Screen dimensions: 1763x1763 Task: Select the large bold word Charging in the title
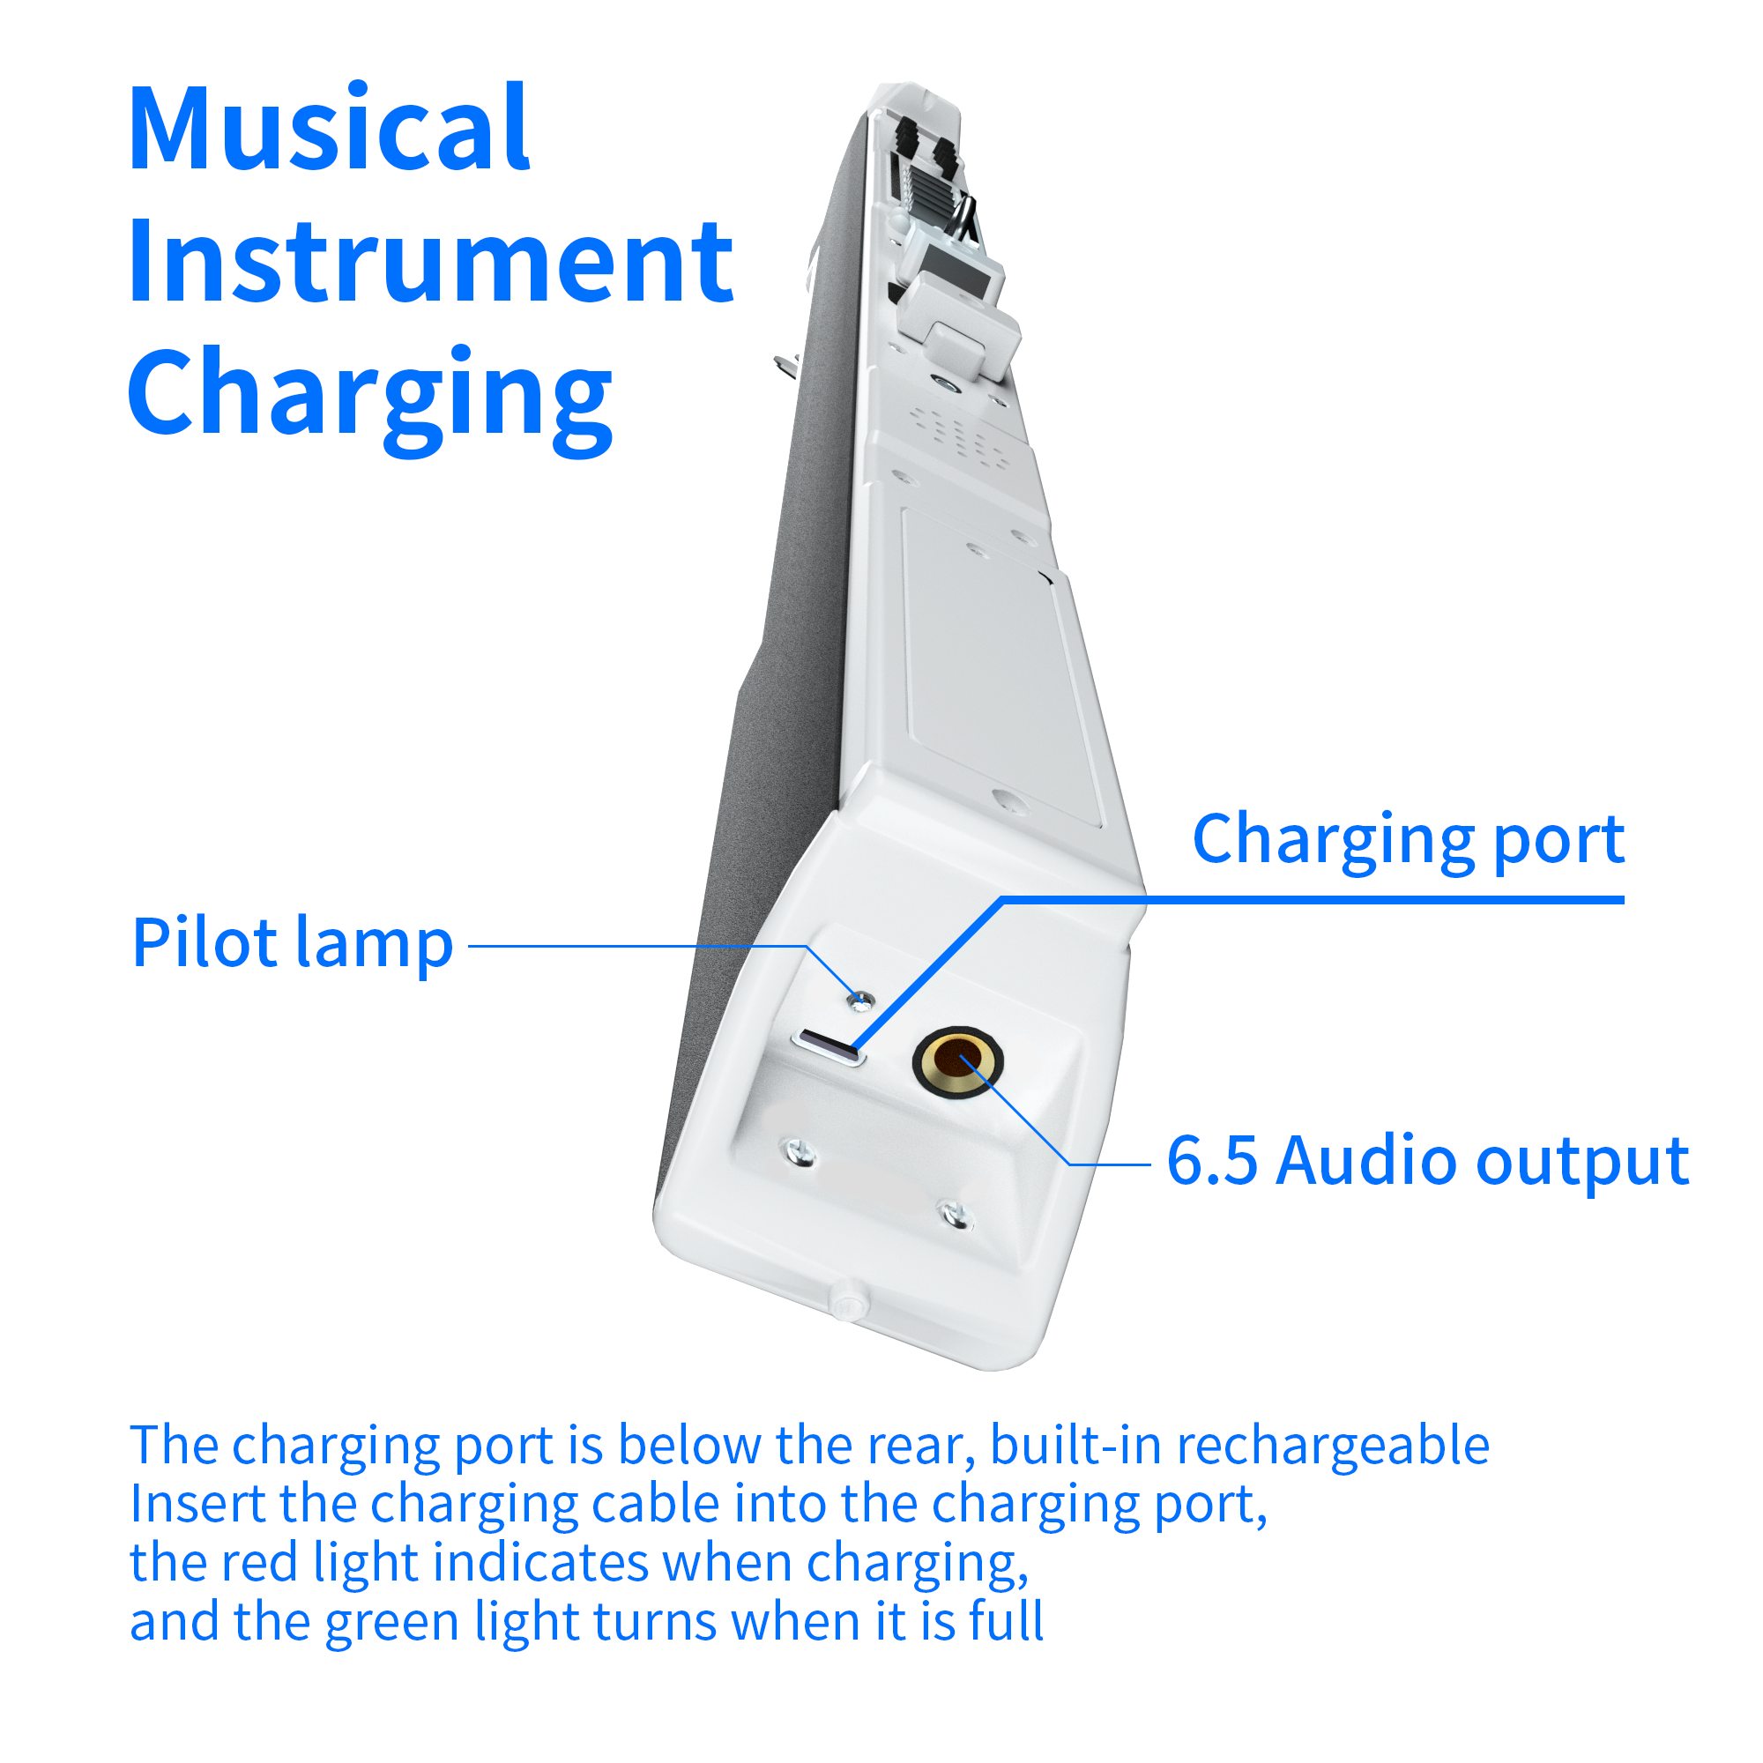369,398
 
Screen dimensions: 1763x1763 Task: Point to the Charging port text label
1408,838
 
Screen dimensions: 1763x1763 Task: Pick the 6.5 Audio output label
1428,1161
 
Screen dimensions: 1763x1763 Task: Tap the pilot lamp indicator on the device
859,1002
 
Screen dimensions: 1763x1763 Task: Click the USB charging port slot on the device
829,1046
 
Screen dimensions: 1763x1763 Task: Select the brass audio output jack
957,1060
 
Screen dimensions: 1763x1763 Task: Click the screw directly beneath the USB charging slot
800,1153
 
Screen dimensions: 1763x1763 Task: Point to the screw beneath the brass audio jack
956,1216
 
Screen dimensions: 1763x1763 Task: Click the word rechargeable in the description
1332,1446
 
